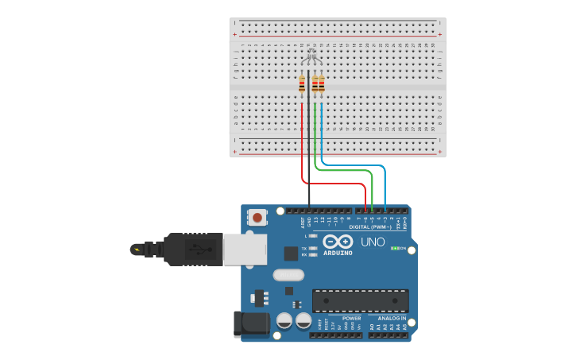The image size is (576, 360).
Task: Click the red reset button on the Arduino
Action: click(x=257, y=217)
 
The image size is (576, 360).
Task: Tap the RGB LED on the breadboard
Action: click(x=311, y=55)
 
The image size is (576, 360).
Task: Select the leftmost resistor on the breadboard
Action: click(x=302, y=84)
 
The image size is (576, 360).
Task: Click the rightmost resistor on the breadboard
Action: click(x=321, y=84)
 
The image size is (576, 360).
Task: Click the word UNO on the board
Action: click(x=373, y=242)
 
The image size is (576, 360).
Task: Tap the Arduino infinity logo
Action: click(x=338, y=242)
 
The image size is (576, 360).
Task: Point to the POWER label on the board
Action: click(x=351, y=318)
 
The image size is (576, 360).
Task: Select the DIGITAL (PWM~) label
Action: click(x=376, y=226)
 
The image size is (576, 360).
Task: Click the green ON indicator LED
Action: click(x=394, y=248)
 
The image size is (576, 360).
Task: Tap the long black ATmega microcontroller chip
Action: click(x=360, y=300)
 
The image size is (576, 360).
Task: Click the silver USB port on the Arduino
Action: click(x=245, y=249)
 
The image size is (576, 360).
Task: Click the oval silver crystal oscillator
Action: click(x=288, y=275)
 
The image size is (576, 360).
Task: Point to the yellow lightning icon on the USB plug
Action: click(x=138, y=250)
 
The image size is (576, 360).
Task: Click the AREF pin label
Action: click(x=303, y=223)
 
